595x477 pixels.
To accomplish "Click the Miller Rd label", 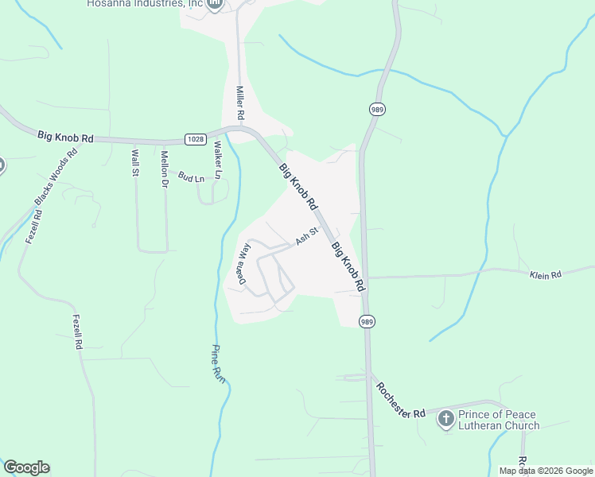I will coord(239,103).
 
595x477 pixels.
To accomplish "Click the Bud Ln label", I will coord(191,176).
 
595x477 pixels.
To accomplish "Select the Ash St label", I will coord(306,235).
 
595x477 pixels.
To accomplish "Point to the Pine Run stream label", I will coord(218,364).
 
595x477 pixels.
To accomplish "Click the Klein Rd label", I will coord(546,274).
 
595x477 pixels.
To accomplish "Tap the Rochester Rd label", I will coord(402,401).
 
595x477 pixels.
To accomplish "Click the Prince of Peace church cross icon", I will coord(445,419).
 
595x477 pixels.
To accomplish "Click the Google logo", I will coord(26,467).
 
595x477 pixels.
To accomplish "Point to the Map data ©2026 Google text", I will coord(546,471).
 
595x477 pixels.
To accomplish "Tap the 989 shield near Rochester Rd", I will coord(366,321).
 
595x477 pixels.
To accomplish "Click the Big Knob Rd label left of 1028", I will coord(65,137).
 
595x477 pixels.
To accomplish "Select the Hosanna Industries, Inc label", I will coord(145,4).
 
